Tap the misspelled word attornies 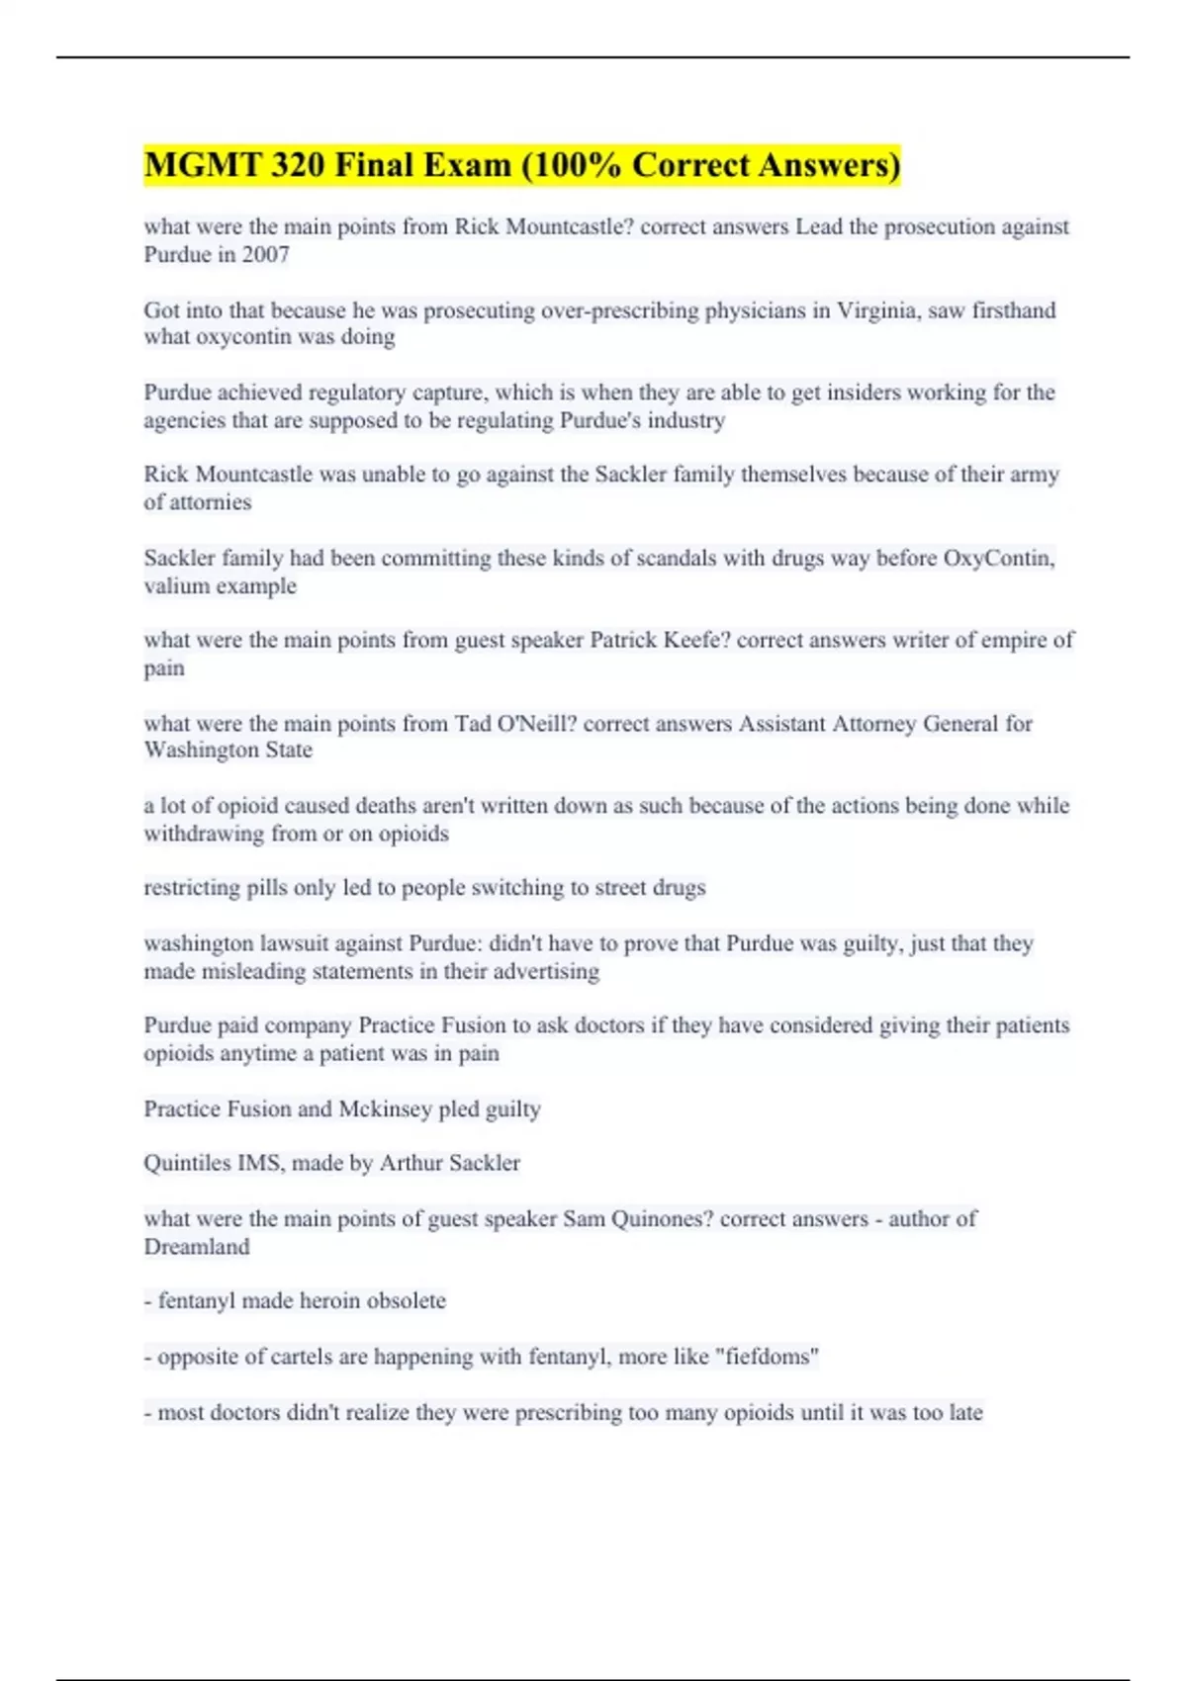coord(209,502)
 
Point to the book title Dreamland coord(197,1247)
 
